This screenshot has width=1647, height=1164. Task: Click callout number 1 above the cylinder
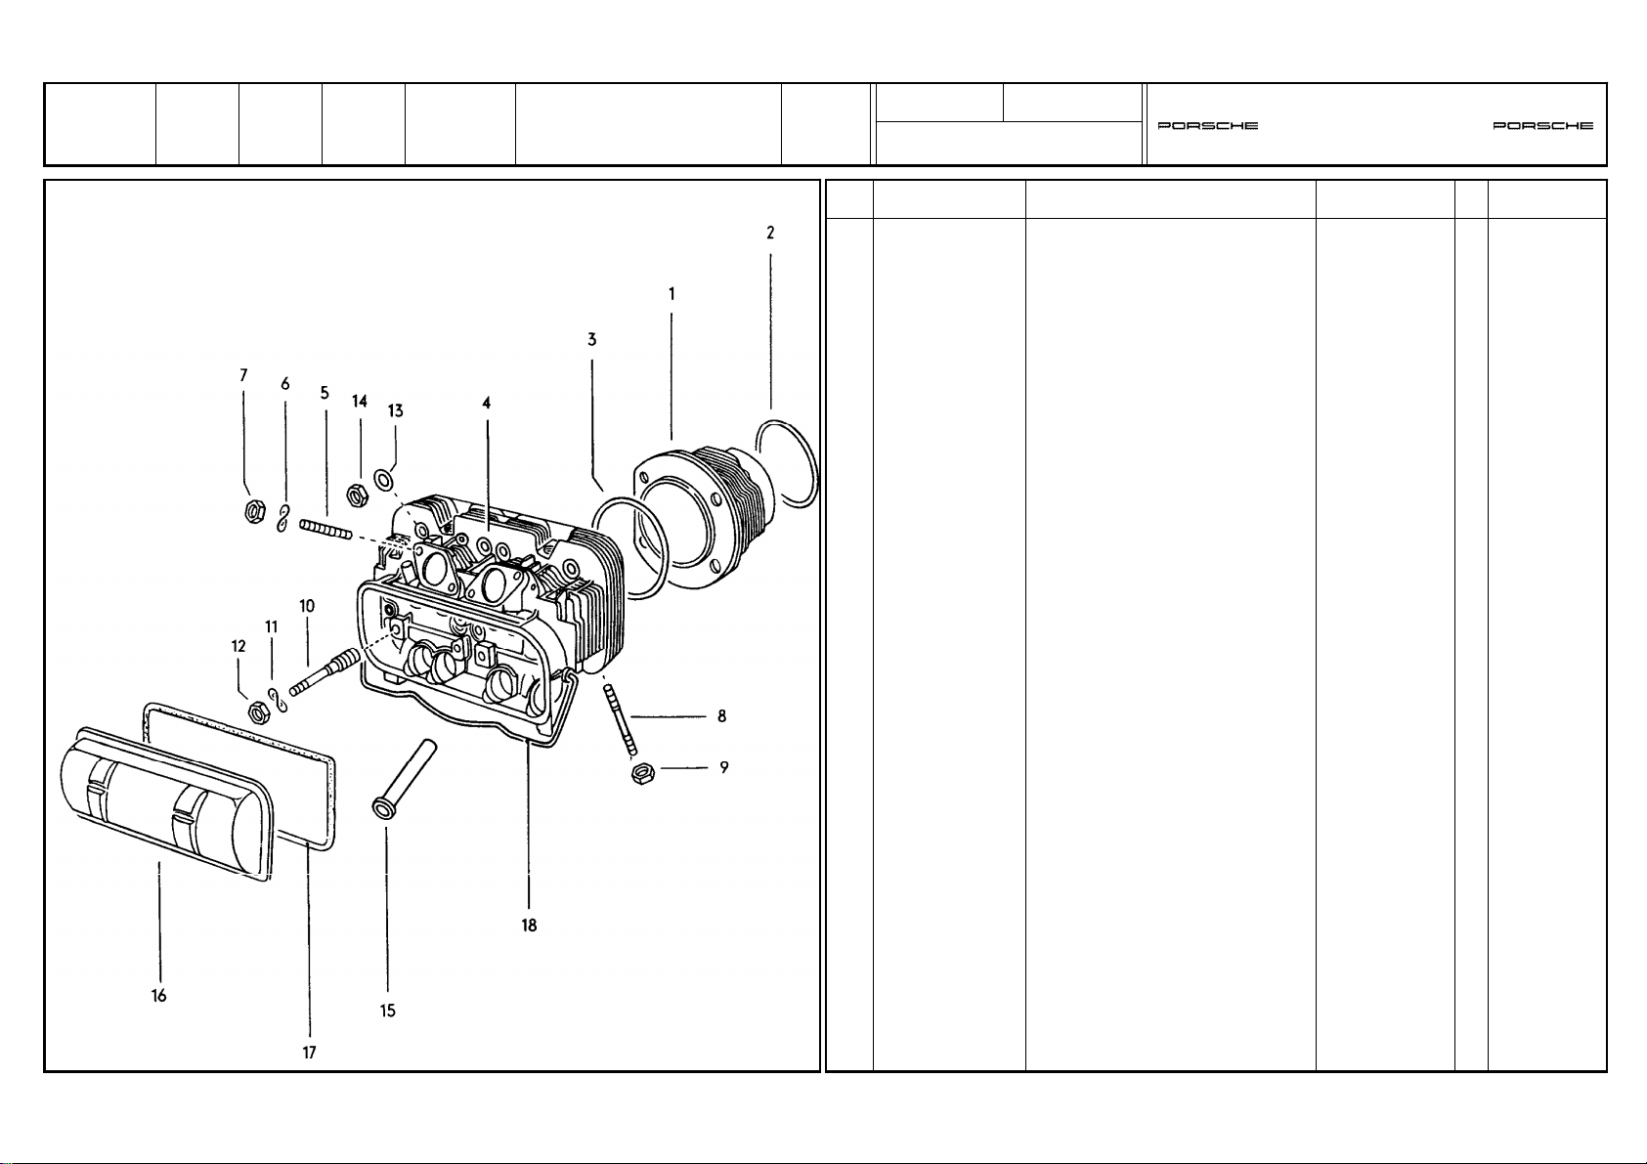coord(672,294)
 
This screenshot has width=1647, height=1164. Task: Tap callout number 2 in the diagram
coord(770,234)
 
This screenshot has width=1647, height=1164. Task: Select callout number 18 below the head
coord(530,926)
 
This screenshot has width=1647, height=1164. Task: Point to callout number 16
coord(158,996)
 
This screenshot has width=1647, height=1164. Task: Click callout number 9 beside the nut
coord(724,767)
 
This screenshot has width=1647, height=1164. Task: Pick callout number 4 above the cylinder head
coord(486,403)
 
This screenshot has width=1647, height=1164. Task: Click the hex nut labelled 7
coord(254,511)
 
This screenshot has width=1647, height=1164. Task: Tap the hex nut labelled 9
coord(643,773)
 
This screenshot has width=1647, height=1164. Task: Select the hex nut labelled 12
coord(257,711)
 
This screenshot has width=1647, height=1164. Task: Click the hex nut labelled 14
coord(358,496)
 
